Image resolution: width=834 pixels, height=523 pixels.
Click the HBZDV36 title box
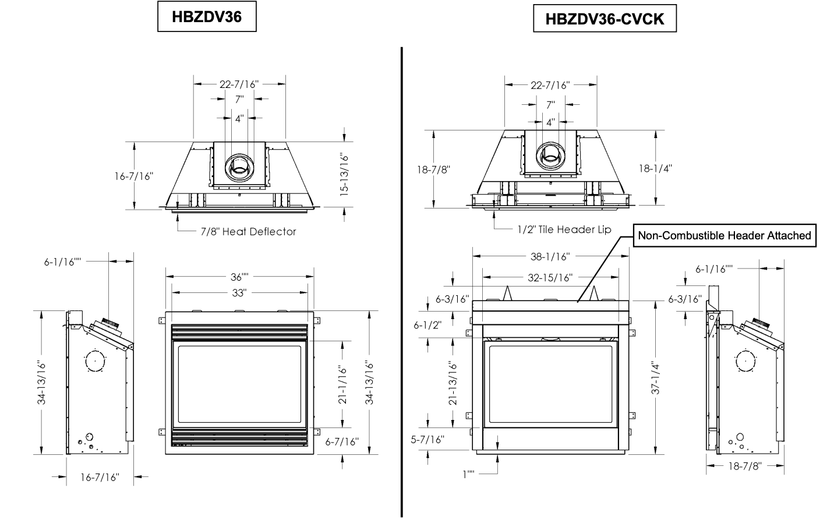(x=207, y=16)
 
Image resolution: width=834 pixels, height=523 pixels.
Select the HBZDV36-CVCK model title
(x=605, y=19)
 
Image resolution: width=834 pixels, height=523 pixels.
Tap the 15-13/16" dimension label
(x=344, y=175)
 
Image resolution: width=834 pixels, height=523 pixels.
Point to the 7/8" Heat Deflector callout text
(x=248, y=232)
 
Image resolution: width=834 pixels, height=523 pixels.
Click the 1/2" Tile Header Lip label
(x=564, y=229)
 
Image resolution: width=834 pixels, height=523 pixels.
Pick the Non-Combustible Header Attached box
(x=725, y=235)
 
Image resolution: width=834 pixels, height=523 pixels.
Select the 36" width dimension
(x=239, y=277)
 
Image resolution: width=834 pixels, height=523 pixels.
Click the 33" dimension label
(x=239, y=293)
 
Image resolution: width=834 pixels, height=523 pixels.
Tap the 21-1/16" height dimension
(x=342, y=385)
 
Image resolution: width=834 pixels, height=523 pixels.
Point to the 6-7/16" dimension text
(x=342, y=441)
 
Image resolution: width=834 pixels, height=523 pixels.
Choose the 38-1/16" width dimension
(x=550, y=256)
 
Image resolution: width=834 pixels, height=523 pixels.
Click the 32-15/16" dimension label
(x=550, y=278)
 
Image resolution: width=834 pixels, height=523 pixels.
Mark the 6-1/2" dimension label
(x=427, y=325)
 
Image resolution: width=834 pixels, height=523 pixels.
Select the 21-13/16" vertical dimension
(x=453, y=383)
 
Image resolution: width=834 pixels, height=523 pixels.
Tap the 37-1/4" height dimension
(x=655, y=378)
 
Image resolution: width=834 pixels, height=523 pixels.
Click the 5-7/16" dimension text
(x=427, y=440)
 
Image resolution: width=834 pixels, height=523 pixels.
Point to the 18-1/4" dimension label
(x=655, y=169)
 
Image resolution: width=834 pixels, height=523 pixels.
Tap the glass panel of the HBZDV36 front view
(x=239, y=384)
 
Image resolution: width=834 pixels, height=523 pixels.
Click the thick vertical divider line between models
(x=402, y=282)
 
